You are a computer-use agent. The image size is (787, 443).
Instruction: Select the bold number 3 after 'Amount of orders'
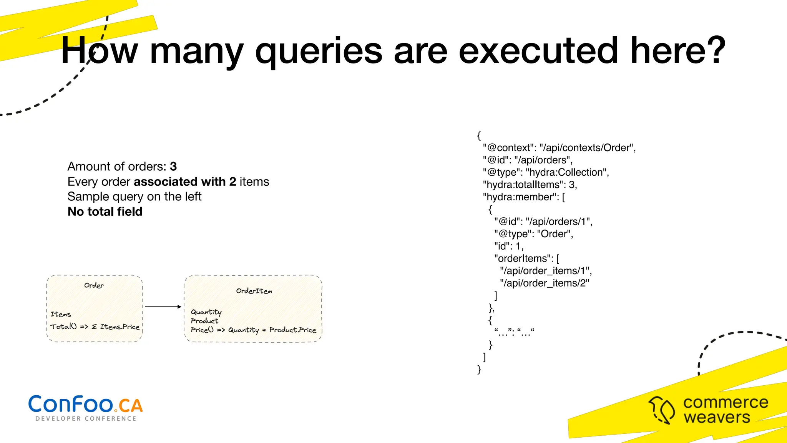(173, 167)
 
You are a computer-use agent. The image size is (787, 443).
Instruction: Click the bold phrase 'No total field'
(105, 212)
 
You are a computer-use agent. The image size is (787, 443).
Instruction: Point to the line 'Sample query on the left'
(134, 197)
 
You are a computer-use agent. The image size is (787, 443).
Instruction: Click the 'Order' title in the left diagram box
(94, 285)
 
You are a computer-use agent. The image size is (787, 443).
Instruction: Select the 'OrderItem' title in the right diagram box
(254, 291)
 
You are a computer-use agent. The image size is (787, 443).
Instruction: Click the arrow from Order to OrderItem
(163, 306)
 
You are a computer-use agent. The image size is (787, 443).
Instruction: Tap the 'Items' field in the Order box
(61, 314)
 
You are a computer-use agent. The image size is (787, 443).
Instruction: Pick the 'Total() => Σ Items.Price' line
(95, 326)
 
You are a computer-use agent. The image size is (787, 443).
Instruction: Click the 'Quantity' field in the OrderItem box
(206, 312)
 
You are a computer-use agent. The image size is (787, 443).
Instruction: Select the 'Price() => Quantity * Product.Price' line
(253, 330)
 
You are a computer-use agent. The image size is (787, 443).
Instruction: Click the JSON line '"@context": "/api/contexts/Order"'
(559, 148)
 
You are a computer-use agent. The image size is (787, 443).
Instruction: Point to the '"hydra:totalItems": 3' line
(530, 185)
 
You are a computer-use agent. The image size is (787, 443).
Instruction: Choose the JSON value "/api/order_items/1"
(546, 271)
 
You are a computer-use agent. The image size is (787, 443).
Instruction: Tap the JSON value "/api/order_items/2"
(545, 283)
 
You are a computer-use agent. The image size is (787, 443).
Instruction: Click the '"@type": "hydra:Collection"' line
(546, 172)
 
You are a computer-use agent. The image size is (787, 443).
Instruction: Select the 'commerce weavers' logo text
(725, 410)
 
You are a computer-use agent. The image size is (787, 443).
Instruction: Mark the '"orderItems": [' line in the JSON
(526, 258)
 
